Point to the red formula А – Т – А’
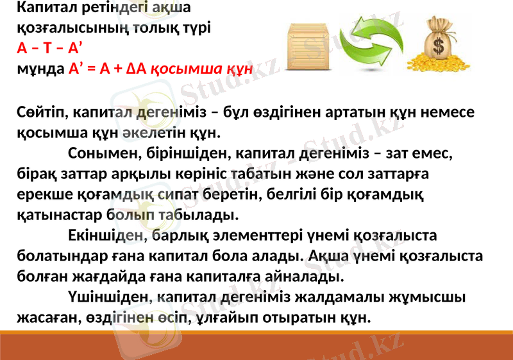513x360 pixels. click(49, 48)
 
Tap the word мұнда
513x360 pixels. click(40, 68)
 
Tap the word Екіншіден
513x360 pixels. click(105, 235)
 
